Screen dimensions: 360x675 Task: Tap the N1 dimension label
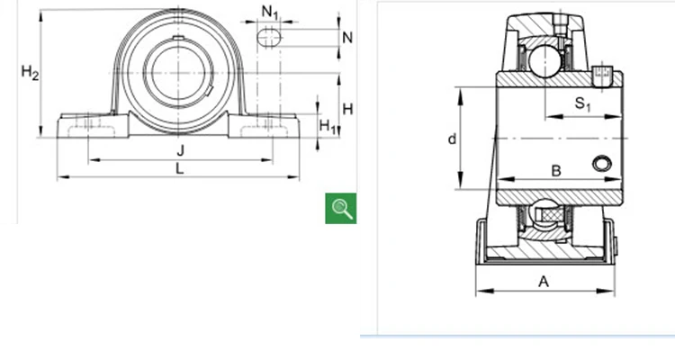pyautogui.click(x=270, y=12)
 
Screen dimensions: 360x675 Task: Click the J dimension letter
pyautogui.click(x=180, y=149)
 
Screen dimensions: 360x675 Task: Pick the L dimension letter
pyautogui.click(x=180, y=168)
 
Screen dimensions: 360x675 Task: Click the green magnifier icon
pyautogui.click(x=341, y=208)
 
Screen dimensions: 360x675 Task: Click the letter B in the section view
pyautogui.click(x=555, y=171)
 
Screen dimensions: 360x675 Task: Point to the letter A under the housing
pyautogui.click(x=544, y=281)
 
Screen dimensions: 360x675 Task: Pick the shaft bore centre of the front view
pyautogui.click(x=178, y=71)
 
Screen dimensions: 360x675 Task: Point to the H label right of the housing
pyautogui.click(x=347, y=109)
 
